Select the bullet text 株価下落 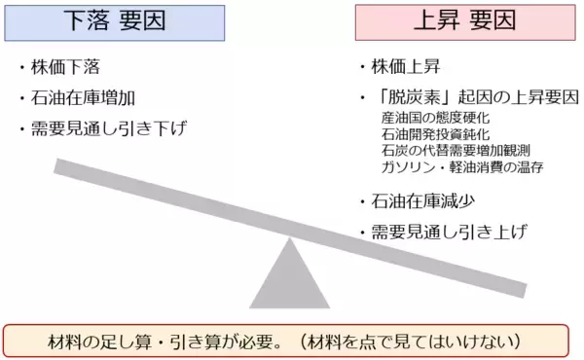(66, 69)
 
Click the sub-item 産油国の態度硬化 (433, 119)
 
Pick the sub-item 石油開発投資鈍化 (433, 134)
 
